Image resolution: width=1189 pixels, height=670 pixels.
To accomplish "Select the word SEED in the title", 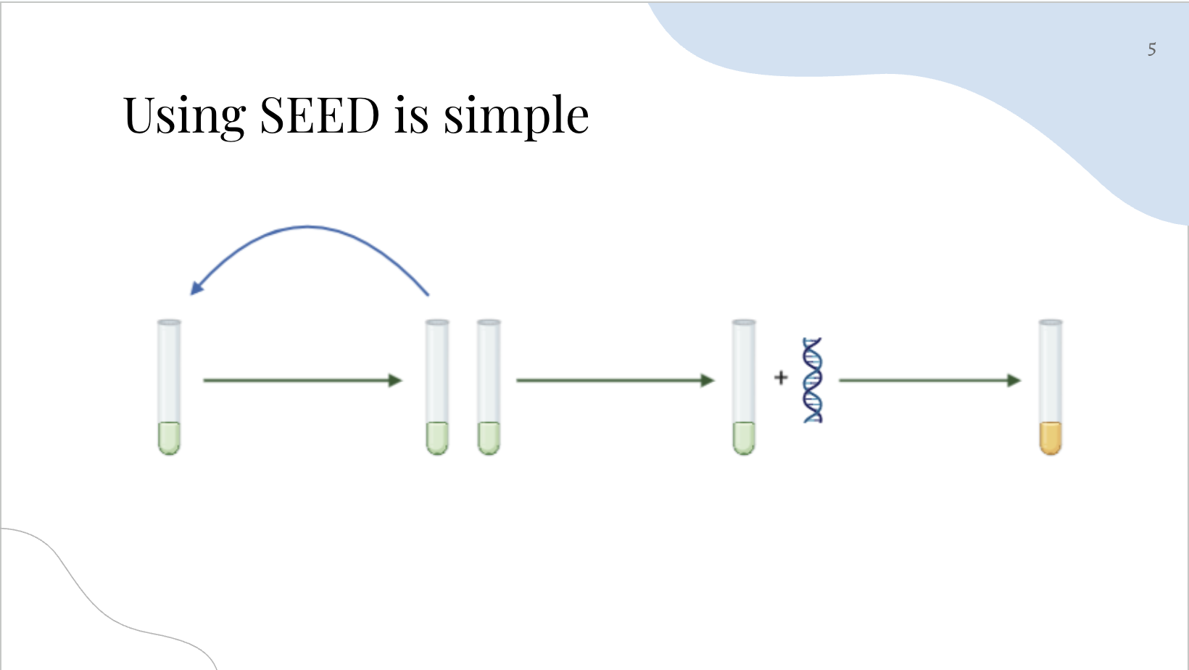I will pyautogui.click(x=319, y=116).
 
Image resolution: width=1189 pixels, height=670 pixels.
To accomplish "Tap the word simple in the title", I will pyautogui.click(x=515, y=116).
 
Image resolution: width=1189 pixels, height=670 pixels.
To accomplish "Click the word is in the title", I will pyautogui.click(x=411, y=116).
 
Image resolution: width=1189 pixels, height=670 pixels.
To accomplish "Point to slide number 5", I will pyautogui.click(x=1151, y=49).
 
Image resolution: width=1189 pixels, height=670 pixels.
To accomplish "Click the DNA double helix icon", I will pyautogui.click(x=813, y=380).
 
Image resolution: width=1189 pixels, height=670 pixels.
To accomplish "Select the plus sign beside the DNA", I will pyautogui.click(x=781, y=378).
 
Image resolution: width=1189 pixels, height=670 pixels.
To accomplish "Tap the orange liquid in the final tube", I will pyautogui.click(x=1051, y=438).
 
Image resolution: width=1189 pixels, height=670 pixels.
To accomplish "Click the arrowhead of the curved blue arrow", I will pyautogui.click(x=196, y=288).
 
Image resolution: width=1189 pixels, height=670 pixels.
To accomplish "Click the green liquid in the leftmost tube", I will pyautogui.click(x=169, y=438).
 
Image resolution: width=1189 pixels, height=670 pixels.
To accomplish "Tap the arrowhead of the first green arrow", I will pyautogui.click(x=395, y=380).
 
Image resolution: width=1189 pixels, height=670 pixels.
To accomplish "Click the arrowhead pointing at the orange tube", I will pyautogui.click(x=1014, y=380).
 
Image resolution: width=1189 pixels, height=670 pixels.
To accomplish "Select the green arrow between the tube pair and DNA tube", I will pyautogui.click(x=615, y=380).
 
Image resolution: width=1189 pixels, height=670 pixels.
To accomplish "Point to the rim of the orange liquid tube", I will pyautogui.click(x=1051, y=322).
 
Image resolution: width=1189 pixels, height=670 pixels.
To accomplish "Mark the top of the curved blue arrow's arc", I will pyautogui.click(x=307, y=227).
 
